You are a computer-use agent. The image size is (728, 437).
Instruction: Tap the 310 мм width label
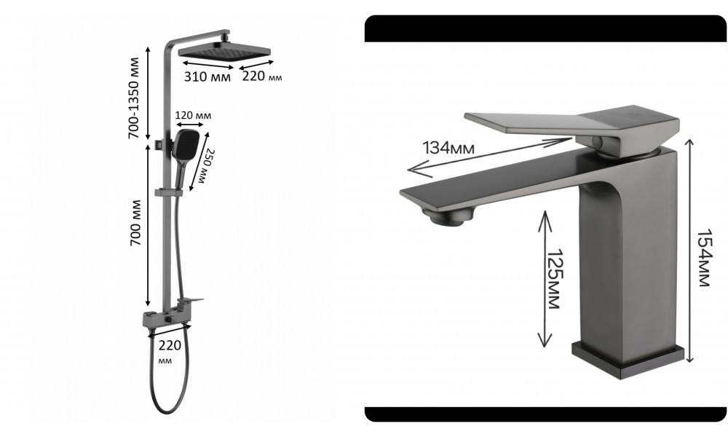[206, 76]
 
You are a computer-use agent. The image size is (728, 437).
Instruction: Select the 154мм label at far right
[704, 259]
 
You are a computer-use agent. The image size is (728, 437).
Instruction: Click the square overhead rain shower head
[224, 52]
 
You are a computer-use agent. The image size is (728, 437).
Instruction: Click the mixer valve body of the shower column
[164, 318]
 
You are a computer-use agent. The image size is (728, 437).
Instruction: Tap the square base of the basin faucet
[628, 358]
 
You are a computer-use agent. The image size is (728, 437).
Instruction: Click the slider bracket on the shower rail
[168, 192]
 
